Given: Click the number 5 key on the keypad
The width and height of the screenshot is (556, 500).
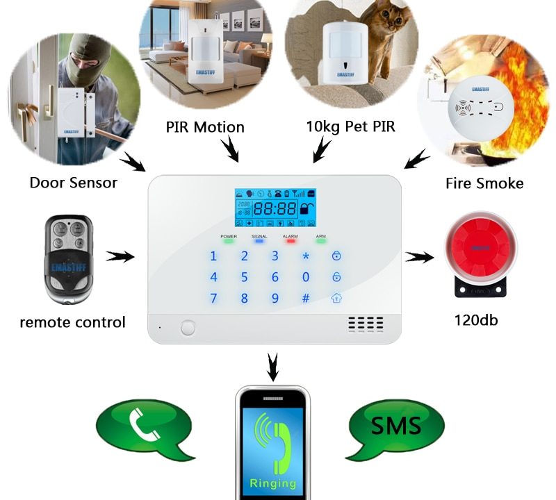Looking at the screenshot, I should point(244,278).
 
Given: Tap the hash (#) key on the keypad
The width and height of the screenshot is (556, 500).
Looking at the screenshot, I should point(305,299).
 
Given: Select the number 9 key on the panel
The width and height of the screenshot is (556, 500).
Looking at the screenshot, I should point(275,299).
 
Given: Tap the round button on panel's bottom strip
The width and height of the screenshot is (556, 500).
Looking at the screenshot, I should point(188,328).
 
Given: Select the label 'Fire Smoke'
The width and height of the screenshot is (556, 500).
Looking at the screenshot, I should point(484,183).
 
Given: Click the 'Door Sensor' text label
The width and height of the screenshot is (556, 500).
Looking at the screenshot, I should point(73,183).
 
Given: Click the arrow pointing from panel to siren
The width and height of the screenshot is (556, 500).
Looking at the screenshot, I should point(419,258).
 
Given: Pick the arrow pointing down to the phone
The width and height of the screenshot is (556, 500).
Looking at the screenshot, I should point(273,366).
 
